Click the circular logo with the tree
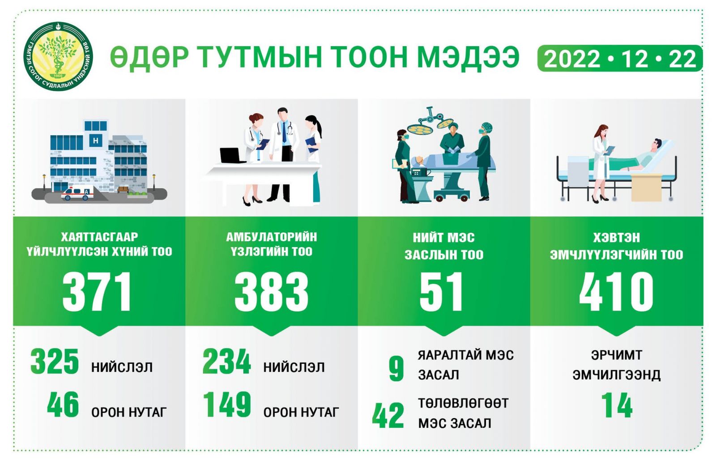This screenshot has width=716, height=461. click(x=58, y=56)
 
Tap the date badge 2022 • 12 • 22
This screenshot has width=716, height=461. click(x=620, y=59)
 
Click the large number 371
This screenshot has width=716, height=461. click(x=97, y=291)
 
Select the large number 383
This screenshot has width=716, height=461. click(x=271, y=291)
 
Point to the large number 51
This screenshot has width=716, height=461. click(x=441, y=291)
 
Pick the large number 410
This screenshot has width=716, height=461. click(x=616, y=291)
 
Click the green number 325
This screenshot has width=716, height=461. click(x=54, y=361)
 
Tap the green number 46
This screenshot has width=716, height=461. click(x=63, y=405)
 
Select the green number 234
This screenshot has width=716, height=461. click(x=226, y=361)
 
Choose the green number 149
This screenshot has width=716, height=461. click(x=227, y=405)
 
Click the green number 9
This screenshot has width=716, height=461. click(x=396, y=369)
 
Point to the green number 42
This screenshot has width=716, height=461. click(x=388, y=415)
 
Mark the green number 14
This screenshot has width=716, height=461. click(x=617, y=406)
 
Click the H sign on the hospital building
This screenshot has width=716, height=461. click(x=96, y=140)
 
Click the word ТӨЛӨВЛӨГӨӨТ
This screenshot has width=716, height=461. click(x=463, y=403)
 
